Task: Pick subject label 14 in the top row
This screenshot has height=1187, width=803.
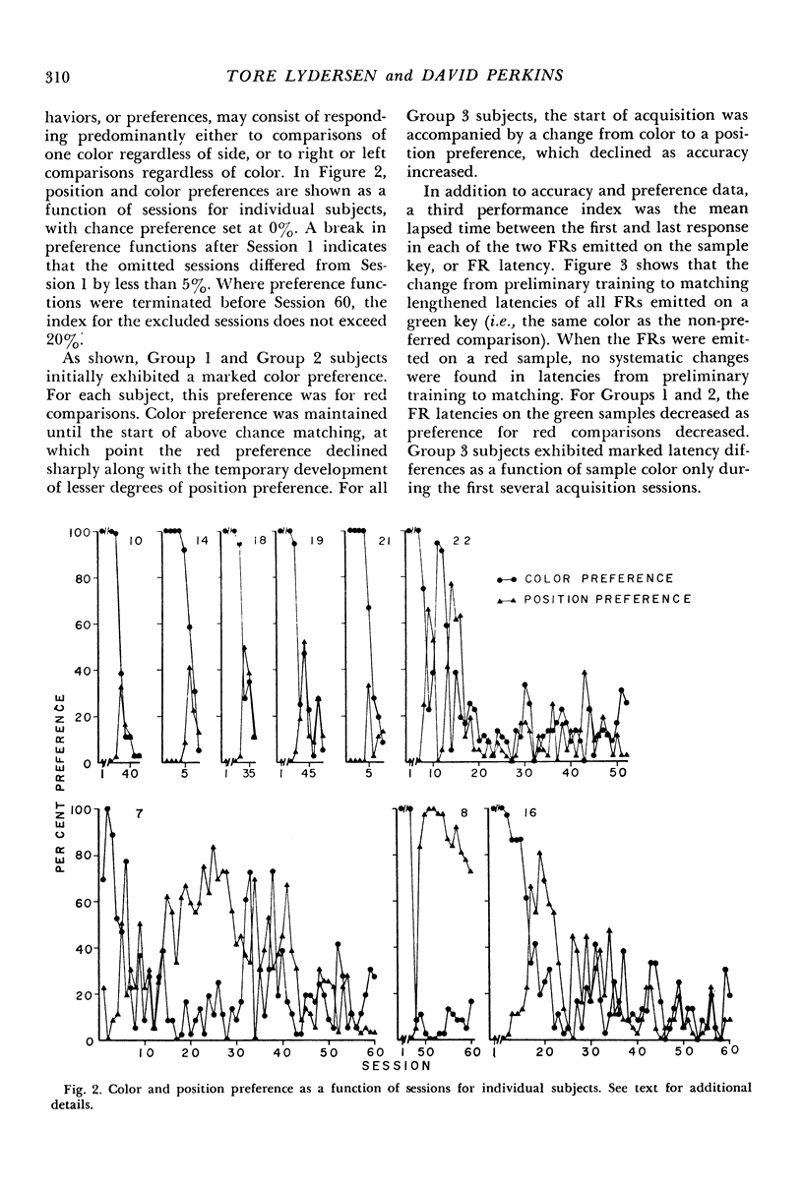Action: click(x=201, y=539)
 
